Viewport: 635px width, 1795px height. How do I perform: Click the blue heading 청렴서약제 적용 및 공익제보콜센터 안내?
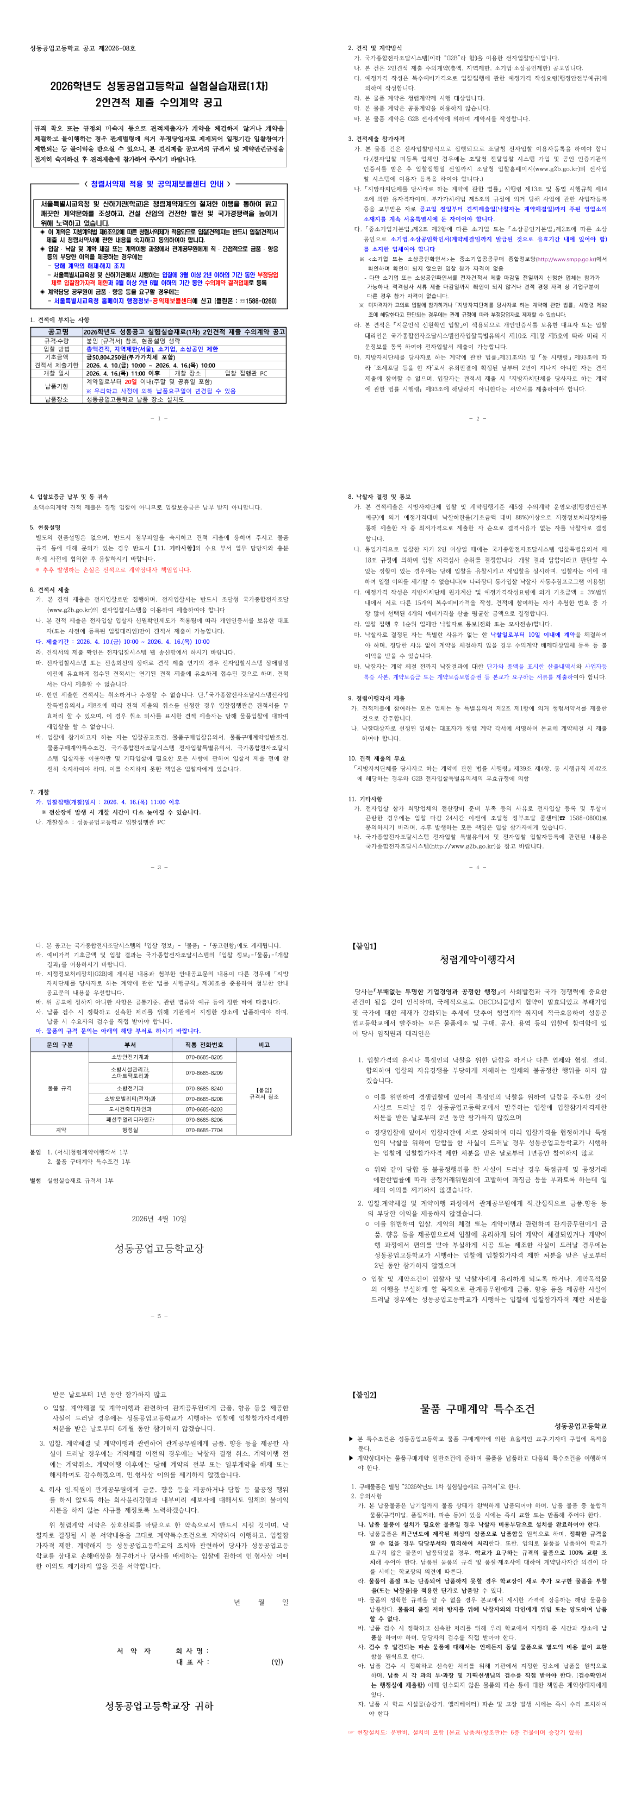(x=158, y=184)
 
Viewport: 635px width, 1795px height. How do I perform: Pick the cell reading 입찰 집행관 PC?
(x=245, y=373)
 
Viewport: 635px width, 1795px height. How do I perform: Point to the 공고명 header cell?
(x=57, y=332)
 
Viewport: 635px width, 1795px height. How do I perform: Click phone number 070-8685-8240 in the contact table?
(x=203, y=1088)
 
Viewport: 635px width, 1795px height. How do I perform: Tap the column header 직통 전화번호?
(x=203, y=1045)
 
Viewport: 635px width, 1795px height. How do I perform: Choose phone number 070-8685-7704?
(x=203, y=1130)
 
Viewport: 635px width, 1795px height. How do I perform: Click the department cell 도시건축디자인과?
(x=129, y=1109)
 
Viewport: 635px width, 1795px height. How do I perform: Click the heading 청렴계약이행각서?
(x=477, y=959)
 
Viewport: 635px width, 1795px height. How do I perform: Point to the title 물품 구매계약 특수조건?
(x=477, y=1409)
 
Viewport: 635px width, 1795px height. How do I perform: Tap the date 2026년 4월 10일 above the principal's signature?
(x=159, y=1219)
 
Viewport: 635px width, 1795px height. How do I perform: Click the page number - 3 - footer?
(x=159, y=868)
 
